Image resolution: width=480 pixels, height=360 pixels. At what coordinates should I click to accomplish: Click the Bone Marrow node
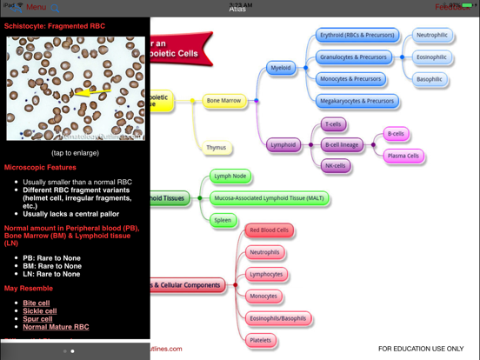tap(224, 101)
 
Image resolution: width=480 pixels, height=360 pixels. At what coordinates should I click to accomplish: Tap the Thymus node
tap(217, 148)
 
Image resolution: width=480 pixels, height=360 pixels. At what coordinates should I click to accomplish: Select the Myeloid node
tap(281, 68)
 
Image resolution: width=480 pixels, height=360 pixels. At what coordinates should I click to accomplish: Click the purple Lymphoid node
tap(283, 145)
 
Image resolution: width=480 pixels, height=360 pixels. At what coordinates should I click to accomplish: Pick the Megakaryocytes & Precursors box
tap(357, 101)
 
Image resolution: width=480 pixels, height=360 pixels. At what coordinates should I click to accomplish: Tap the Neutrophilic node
tap(432, 36)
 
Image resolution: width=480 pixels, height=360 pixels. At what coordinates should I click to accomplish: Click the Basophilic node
tap(430, 79)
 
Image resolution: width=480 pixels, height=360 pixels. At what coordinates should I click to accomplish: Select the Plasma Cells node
tap(403, 157)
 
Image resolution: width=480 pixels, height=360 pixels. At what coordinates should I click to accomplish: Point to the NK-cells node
tap(336, 166)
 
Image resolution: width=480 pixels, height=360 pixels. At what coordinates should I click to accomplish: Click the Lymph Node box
tap(230, 177)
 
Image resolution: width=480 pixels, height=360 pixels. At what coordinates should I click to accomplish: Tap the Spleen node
tap(223, 220)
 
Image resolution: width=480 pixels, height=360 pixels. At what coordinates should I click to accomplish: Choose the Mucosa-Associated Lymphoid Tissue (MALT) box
tap(270, 198)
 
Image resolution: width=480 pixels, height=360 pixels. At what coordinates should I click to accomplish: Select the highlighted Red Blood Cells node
tap(270, 230)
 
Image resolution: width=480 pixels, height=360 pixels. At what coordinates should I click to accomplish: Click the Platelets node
tap(261, 341)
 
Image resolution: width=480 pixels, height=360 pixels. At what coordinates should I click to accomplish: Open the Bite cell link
tap(37, 303)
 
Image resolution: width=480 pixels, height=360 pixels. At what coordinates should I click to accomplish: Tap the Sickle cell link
tap(40, 311)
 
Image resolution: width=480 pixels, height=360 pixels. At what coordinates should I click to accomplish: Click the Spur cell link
tap(38, 319)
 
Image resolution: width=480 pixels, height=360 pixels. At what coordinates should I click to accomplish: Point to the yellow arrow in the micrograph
tap(91, 90)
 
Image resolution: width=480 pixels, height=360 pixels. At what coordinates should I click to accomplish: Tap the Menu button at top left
tap(36, 7)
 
